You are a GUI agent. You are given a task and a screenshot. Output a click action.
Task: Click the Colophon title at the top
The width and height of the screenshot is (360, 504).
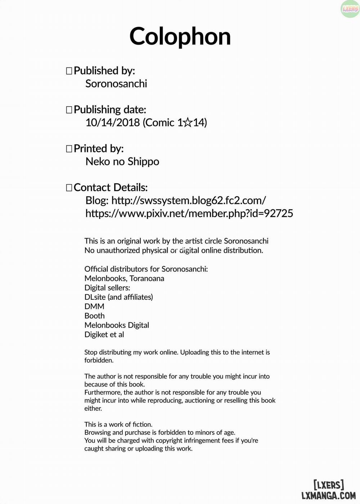[x=180, y=37]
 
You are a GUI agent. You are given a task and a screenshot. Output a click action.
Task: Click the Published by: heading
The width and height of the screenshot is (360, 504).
[x=104, y=71]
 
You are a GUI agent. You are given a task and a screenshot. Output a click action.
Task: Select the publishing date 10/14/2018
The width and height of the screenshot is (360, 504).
[x=113, y=122]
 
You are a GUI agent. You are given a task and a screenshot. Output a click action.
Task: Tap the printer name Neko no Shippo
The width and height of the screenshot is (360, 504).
[x=122, y=161]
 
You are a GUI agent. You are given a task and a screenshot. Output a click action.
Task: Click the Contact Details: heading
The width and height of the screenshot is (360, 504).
[x=111, y=187]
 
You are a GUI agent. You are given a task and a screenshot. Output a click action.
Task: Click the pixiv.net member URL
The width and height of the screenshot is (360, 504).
[x=189, y=213]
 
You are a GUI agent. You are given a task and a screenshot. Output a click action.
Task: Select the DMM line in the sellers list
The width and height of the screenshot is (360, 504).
[x=94, y=306]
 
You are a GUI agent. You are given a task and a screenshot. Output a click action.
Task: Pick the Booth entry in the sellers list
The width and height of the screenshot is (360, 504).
[x=94, y=316]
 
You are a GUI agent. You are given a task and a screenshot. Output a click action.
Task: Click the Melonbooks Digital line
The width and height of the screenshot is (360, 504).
[x=117, y=325]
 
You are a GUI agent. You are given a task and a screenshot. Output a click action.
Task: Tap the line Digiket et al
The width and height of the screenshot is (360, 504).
[x=104, y=334]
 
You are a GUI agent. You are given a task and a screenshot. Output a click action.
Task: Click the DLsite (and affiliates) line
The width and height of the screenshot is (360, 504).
[x=118, y=297]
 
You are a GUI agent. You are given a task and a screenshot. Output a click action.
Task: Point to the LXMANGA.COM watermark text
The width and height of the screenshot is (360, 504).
[x=328, y=496]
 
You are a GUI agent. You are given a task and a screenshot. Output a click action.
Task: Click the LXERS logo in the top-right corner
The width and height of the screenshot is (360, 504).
[x=350, y=9]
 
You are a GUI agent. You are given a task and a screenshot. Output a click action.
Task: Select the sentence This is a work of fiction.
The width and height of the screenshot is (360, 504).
[x=118, y=424]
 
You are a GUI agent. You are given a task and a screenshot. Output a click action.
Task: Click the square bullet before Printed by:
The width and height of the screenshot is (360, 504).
[x=69, y=149]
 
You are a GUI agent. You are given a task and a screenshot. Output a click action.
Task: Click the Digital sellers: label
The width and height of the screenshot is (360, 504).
[x=107, y=287]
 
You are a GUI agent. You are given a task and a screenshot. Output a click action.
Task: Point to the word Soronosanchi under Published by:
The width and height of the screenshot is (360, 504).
[x=116, y=84]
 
